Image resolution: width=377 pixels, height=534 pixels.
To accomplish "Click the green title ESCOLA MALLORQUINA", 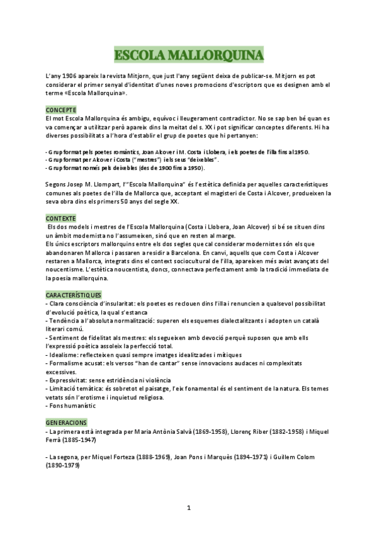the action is click(189, 55).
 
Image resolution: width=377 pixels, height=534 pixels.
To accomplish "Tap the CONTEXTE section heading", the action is click(60, 218).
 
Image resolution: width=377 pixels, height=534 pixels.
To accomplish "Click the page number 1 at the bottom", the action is click(189, 508).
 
